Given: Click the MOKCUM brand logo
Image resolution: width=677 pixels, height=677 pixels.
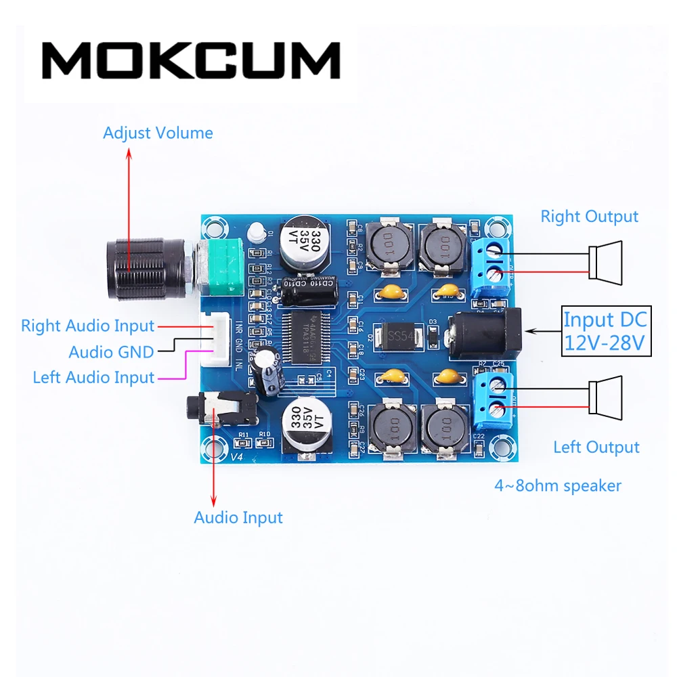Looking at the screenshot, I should (191, 60).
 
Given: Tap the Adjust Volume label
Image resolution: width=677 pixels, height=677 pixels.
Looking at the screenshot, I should (158, 133).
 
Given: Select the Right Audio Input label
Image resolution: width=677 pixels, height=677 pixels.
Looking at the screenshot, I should (87, 326).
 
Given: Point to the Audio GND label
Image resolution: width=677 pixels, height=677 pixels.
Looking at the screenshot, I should (111, 351).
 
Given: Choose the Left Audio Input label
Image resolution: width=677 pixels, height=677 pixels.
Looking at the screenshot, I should (93, 377).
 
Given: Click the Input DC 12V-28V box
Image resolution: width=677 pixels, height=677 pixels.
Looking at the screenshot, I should (606, 331).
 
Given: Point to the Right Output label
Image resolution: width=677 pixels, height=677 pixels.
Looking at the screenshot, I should (589, 217).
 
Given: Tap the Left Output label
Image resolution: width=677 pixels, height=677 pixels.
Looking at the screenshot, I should (596, 447).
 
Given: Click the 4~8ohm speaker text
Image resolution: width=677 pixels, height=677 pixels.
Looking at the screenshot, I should (558, 485).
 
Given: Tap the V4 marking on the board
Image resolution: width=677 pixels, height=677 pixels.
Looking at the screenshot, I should (236, 457).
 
